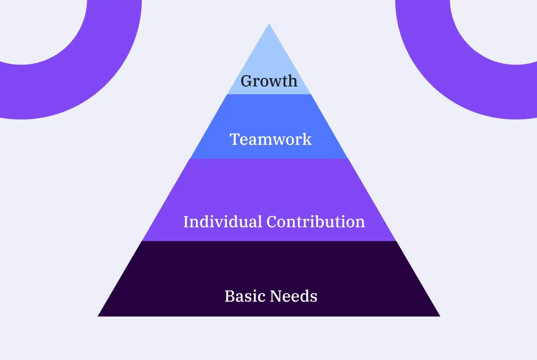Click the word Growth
(x=269, y=81)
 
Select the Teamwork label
(x=271, y=139)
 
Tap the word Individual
(x=222, y=222)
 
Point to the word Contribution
(x=316, y=222)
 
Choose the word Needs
(x=294, y=296)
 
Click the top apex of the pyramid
(x=269, y=23)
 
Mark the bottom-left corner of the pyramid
(x=98, y=316)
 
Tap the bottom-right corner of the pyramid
(x=440, y=316)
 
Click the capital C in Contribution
(x=272, y=222)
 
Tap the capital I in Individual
(x=186, y=222)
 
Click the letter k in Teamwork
(x=306, y=139)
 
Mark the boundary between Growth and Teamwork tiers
(x=269, y=94)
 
